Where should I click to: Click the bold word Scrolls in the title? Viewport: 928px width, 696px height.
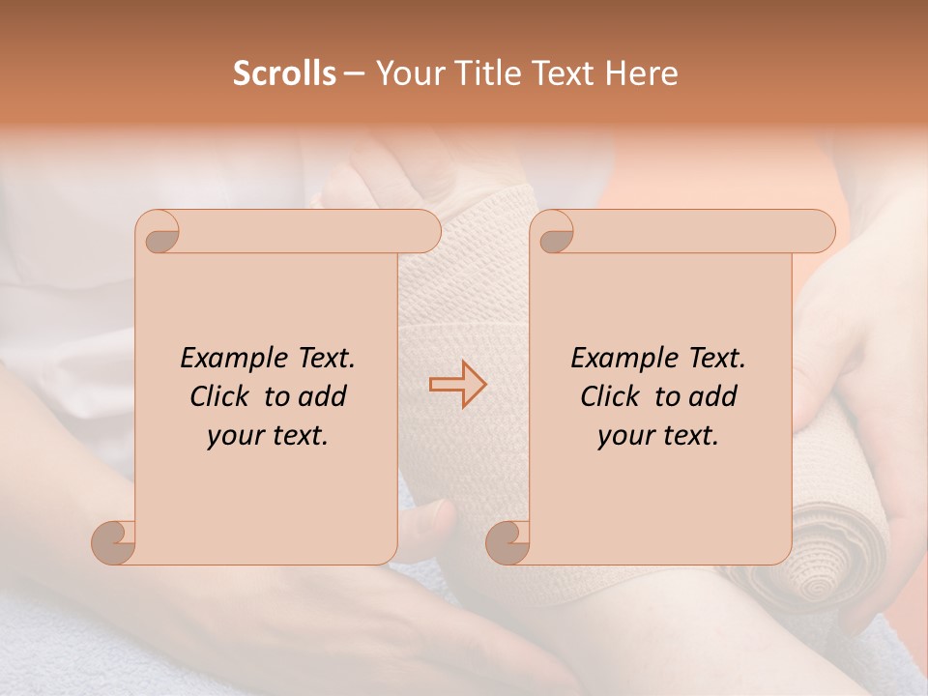click(284, 73)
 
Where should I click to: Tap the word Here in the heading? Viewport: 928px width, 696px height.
click(640, 73)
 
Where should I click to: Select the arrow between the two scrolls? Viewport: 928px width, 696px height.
click(458, 385)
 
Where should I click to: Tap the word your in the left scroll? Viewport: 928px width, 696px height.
click(234, 435)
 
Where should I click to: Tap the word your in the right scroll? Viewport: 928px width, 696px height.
click(624, 435)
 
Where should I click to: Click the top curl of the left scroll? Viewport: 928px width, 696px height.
click(160, 234)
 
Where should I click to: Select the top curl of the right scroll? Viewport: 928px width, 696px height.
click(554, 234)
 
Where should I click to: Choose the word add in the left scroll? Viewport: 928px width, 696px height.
click(323, 396)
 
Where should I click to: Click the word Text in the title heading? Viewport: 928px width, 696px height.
click(563, 73)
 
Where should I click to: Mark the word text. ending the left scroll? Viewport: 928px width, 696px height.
click(298, 435)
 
